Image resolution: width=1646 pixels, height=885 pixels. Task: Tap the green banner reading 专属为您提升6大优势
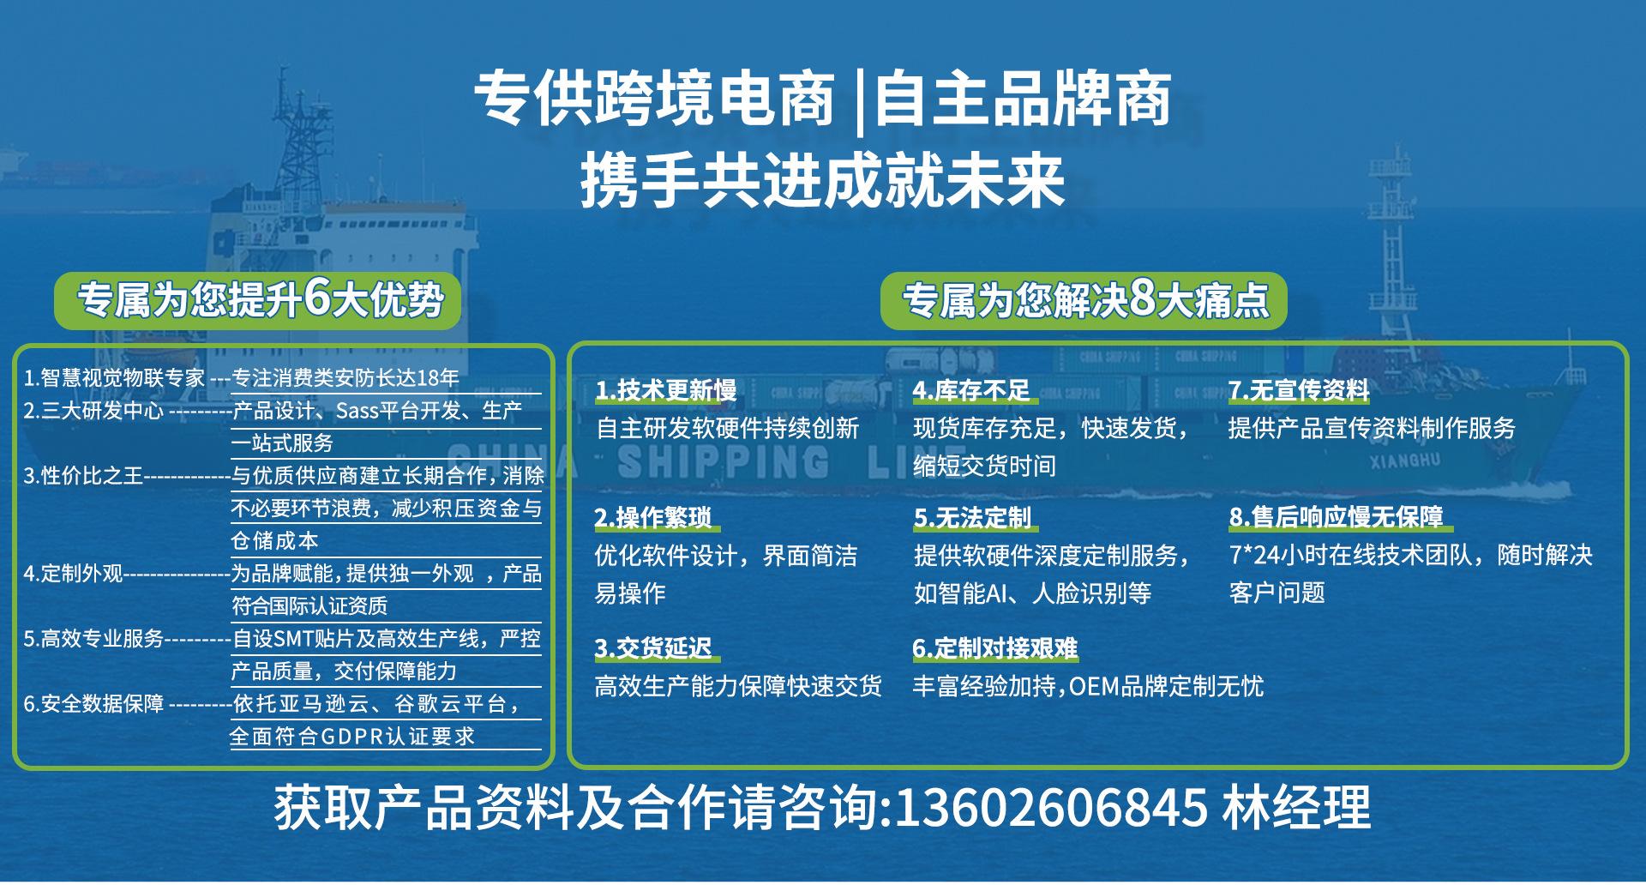pyautogui.click(x=258, y=301)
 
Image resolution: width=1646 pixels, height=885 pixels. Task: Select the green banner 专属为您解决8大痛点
pyautogui.click(x=1084, y=301)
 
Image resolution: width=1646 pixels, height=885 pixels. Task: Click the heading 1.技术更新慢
pyautogui.click(x=666, y=391)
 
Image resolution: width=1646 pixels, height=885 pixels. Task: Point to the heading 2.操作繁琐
pyautogui.click(x=653, y=518)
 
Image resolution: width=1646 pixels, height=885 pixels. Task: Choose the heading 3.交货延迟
pyautogui.click(x=653, y=648)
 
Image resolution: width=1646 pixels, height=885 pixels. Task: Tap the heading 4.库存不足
pyautogui.click(x=971, y=391)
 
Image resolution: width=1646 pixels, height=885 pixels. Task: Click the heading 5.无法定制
pyautogui.click(x=972, y=518)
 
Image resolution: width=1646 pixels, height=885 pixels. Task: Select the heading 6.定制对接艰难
pyautogui.click(x=995, y=648)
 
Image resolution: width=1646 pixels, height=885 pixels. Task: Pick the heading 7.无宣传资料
pyautogui.click(x=1299, y=391)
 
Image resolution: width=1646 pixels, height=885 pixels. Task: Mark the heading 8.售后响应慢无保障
pyautogui.click(x=1337, y=517)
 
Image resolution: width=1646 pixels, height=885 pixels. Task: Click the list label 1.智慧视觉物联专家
pyautogui.click(x=114, y=378)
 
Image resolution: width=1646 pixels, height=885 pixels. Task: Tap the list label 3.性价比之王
pyautogui.click(x=83, y=475)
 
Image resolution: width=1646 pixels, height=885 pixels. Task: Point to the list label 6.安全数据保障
pyautogui.click(x=93, y=704)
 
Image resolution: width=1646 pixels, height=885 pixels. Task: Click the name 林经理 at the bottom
pyautogui.click(x=1296, y=807)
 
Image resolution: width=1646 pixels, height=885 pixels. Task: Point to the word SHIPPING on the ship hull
pyautogui.click(x=724, y=461)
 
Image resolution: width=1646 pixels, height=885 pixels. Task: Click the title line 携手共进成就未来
pyautogui.click(x=823, y=182)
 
